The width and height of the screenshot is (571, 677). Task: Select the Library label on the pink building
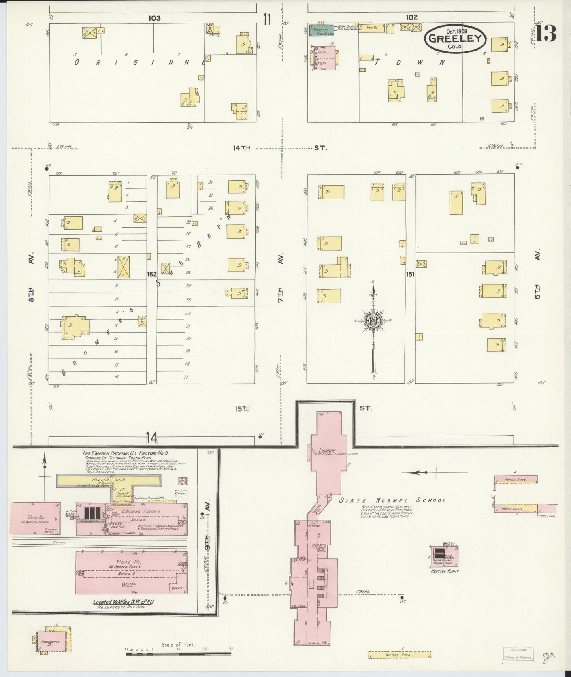(327, 450)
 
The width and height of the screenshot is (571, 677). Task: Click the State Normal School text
(393, 500)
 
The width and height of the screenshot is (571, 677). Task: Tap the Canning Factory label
(147, 512)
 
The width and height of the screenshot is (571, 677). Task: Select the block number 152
(152, 274)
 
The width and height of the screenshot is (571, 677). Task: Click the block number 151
(410, 274)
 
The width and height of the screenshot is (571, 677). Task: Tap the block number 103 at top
(155, 18)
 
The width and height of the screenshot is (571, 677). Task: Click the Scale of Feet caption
(178, 645)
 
